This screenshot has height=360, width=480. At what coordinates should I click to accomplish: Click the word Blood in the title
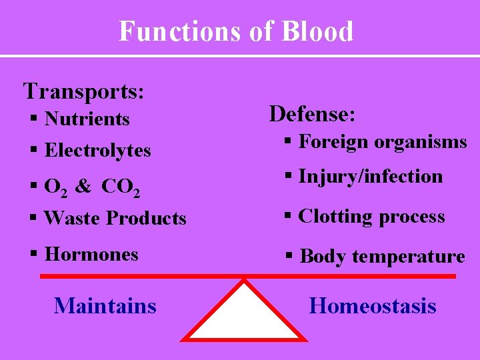tap(317, 31)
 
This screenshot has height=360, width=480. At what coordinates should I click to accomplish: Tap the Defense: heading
tap(312, 114)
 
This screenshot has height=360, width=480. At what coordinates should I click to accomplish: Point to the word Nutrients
tap(87, 119)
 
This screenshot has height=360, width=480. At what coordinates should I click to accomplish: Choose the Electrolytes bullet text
tap(97, 151)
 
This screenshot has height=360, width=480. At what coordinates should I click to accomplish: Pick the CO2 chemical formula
tap(121, 188)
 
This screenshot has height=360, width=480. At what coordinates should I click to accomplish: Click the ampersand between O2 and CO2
tap(83, 187)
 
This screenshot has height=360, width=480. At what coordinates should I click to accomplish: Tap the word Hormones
tap(91, 254)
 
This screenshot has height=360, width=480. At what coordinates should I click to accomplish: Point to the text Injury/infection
tap(371, 177)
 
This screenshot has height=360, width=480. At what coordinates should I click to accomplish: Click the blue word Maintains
tap(105, 306)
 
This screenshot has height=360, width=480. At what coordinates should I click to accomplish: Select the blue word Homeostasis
tap(373, 306)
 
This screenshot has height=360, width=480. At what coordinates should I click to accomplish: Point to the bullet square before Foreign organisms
tap(288, 141)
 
